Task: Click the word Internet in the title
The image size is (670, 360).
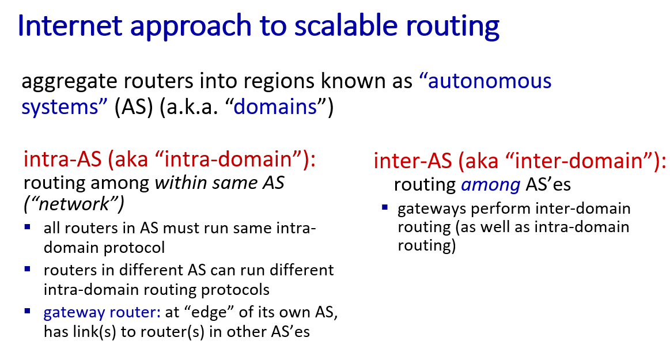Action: pos(70,25)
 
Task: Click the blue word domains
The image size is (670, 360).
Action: pos(275,107)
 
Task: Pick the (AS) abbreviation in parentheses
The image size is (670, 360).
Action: pos(134,107)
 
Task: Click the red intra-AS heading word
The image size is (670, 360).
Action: pos(63,160)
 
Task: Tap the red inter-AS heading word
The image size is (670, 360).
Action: pos(412,161)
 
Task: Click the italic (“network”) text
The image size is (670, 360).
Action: pos(74,204)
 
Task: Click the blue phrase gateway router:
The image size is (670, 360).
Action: pos(102,312)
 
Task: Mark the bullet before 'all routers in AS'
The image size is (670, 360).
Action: pos(28,227)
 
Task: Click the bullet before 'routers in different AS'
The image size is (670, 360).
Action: pos(28,269)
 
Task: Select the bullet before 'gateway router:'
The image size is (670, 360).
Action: pos(28,311)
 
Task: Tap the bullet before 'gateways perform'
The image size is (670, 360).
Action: pos(385,207)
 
